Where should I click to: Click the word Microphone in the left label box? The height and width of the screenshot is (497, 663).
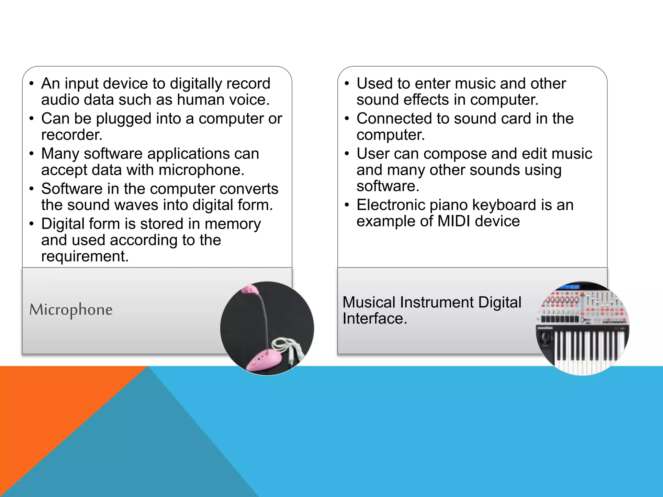(71, 310)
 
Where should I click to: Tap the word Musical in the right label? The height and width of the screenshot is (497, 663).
(369, 303)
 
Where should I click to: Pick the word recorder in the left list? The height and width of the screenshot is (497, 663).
(72, 135)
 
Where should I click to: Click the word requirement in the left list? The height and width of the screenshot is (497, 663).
(84, 257)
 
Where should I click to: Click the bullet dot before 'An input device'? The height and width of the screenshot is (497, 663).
(31, 84)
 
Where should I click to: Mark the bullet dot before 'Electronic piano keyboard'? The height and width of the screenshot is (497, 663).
(347, 205)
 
